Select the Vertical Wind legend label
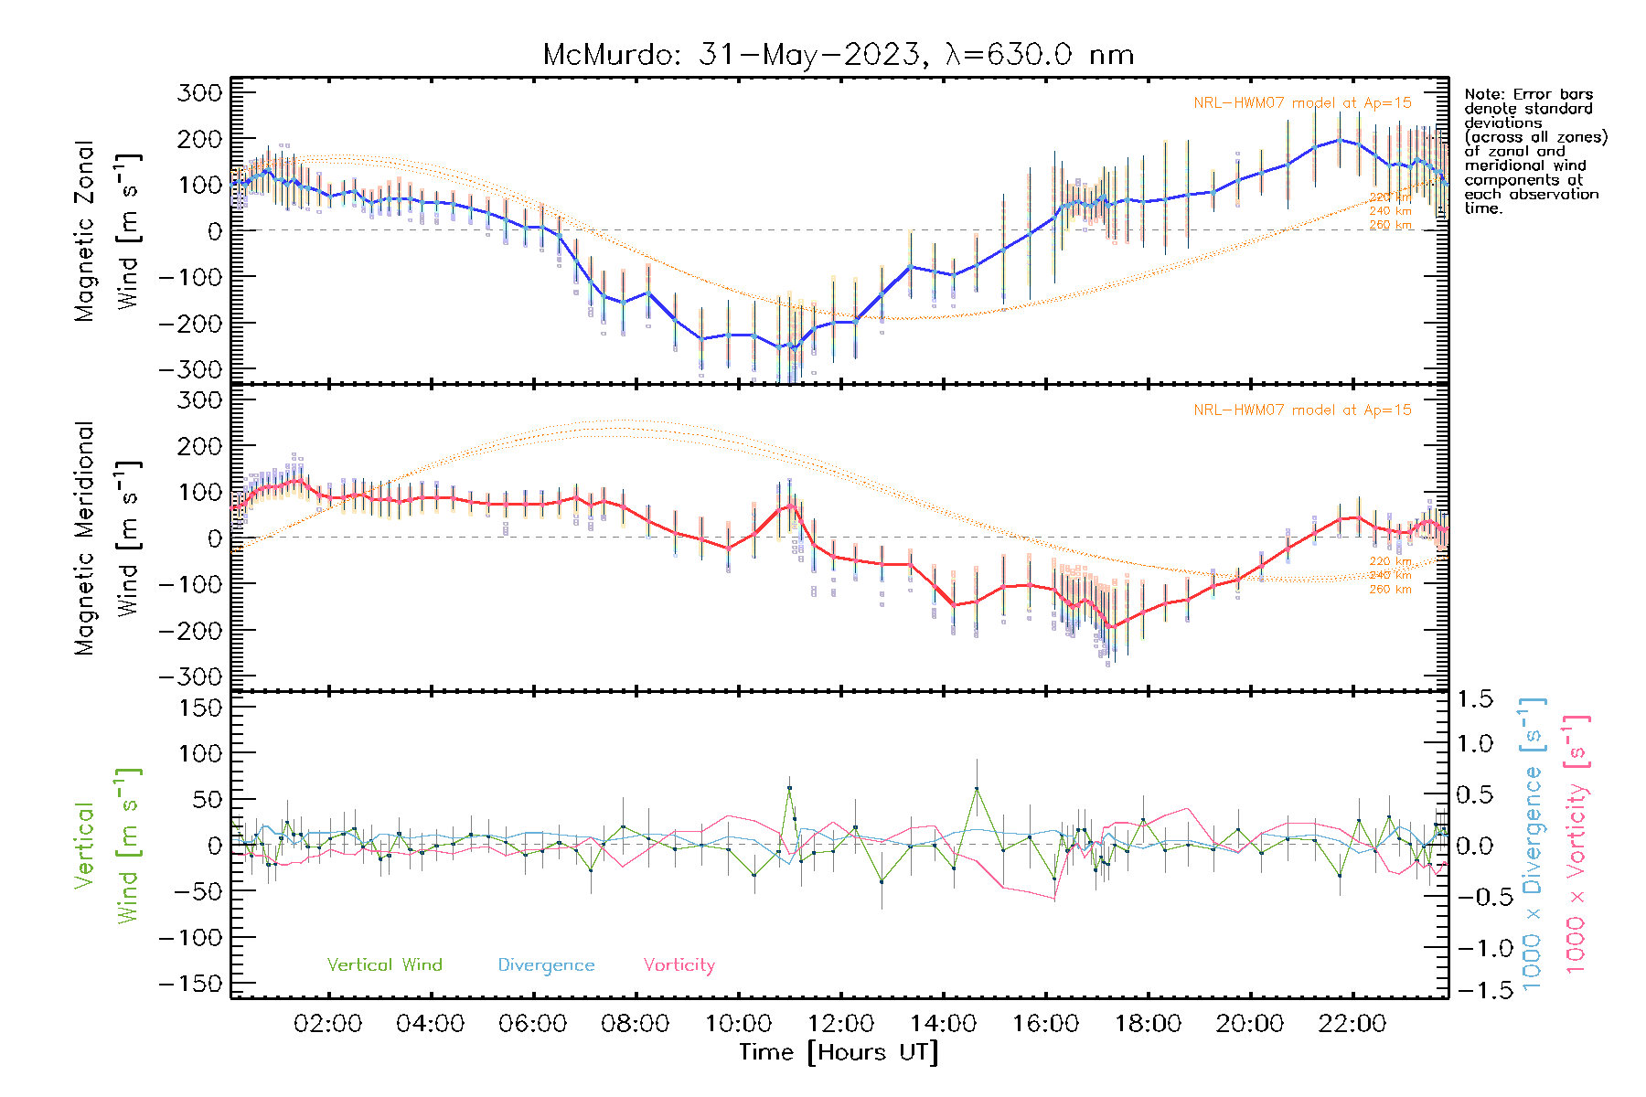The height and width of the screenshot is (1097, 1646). [384, 964]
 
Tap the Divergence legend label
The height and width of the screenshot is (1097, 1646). [546, 964]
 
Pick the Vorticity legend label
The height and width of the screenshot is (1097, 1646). [679, 964]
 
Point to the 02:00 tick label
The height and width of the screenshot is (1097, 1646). [327, 1024]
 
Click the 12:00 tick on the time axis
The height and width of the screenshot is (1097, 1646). [840, 1024]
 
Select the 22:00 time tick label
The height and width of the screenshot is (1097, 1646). [1352, 1024]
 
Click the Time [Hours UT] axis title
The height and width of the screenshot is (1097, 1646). [839, 1052]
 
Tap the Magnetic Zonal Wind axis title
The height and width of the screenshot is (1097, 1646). [108, 230]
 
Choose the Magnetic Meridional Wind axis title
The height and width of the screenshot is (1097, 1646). [108, 538]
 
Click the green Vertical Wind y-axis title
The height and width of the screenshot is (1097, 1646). [108, 846]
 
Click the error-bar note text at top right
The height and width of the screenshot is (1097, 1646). [1534, 151]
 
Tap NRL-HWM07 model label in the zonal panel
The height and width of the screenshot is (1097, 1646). [1302, 103]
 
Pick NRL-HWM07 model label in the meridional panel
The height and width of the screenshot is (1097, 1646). [1302, 410]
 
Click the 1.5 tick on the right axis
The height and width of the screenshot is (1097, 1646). [1475, 699]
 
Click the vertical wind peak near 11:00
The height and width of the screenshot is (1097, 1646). [789, 787]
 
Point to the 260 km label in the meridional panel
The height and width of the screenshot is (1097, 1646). [1390, 590]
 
